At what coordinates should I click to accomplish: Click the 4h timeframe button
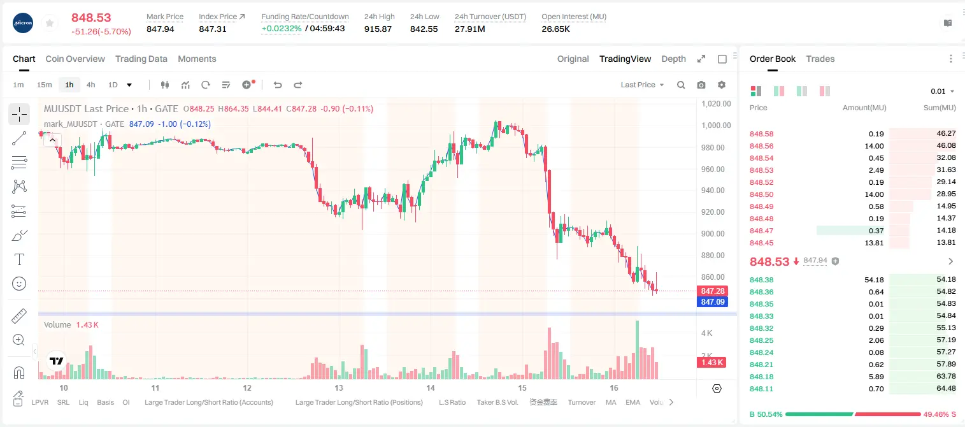click(90, 85)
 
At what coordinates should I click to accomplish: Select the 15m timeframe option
click(45, 85)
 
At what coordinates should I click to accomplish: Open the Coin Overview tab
click(75, 59)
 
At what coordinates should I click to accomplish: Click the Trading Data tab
click(141, 59)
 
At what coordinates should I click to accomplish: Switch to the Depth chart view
click(674, 59)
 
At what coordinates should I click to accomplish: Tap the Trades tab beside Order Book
click(820, 59)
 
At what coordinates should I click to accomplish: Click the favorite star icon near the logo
click(50, 23)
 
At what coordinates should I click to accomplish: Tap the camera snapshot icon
click(701, 85)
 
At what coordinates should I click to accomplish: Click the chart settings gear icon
click(722, 85)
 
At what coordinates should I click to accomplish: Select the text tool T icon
click(19, 259)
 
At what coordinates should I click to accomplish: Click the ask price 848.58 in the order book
click(762, 134)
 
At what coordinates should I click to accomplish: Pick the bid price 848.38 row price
click(762, 280)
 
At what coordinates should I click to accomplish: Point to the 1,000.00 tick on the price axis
click(716, 126)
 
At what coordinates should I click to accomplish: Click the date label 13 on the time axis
click(339, 387)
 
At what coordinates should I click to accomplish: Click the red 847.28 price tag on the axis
click(713, 291)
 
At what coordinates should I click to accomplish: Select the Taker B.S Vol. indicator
click(497, 402)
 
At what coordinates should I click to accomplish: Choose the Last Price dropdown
click(642, 85)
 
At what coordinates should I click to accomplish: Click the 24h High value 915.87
click(378, 29)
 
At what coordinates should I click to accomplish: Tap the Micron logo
click(23, 23)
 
